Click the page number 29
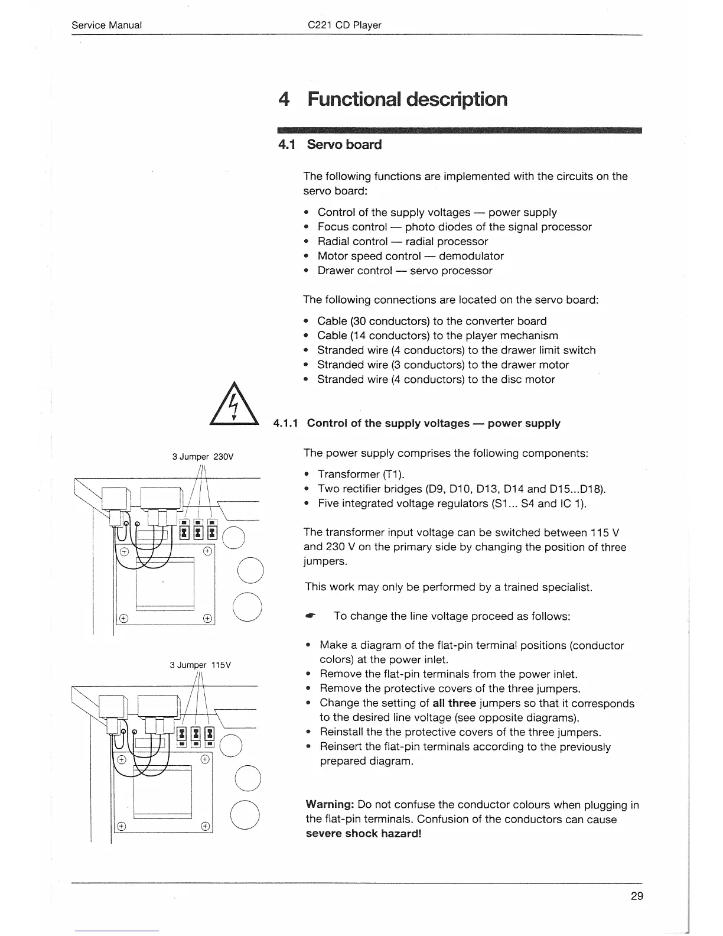[x=637, y=896]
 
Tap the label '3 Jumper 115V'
[x=200, y=665]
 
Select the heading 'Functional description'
[x=407, y=99]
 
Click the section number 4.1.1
[x=287, y=423]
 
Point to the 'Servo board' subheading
[x=344, y=145]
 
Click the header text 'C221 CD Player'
[x=344, y=25]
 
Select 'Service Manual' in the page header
[x=106, y=25]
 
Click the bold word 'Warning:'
[x=330, y=805]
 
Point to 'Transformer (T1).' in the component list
[x=361, y=474]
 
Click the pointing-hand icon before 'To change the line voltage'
[x=310, y=616]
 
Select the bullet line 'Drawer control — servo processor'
[x=405, y=271]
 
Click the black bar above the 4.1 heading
[x=460, y=131]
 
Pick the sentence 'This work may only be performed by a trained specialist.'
[x=448, y=587]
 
